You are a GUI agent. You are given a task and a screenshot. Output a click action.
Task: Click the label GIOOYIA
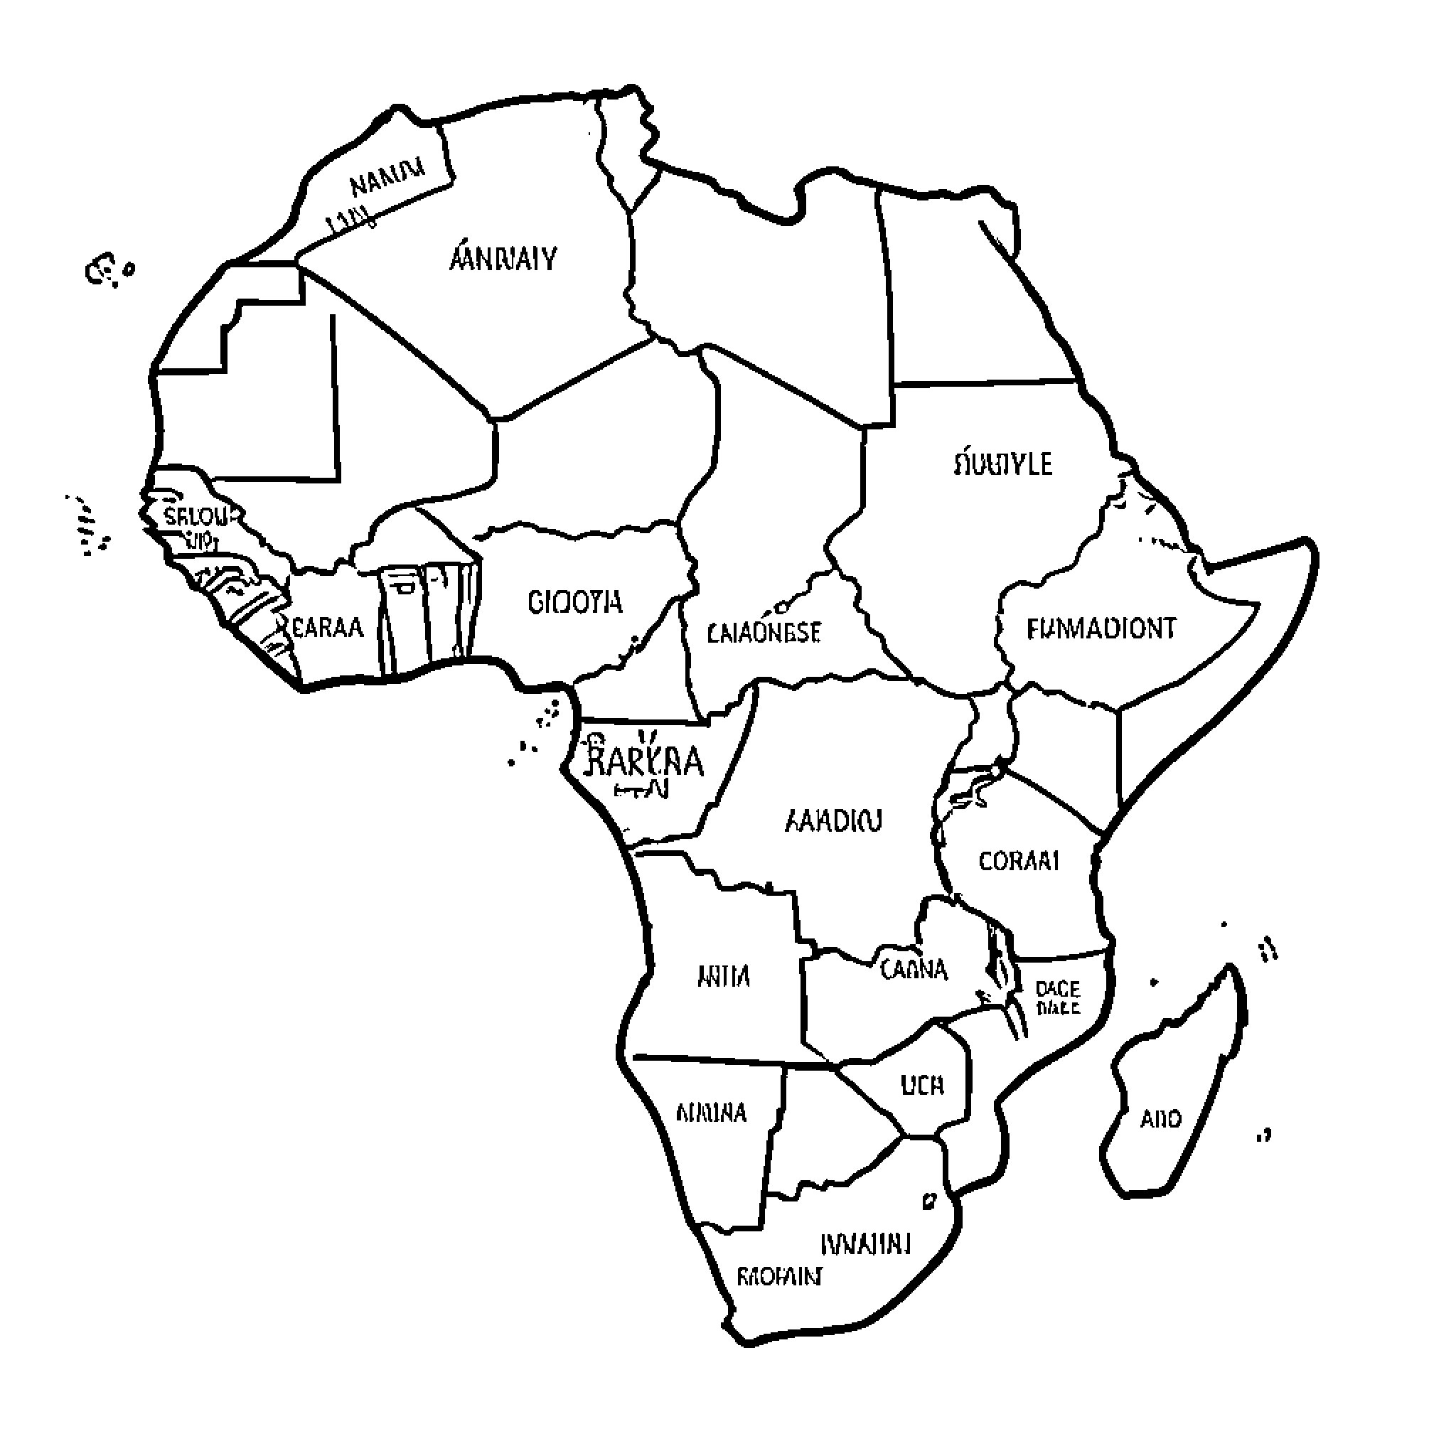(x=575, y=602)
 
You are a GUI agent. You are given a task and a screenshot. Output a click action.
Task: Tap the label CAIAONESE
(x=764, y=631)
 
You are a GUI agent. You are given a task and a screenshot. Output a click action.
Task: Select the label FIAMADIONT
(x=1101, y=628)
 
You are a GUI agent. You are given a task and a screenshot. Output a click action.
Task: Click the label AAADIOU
(x=833, y=820)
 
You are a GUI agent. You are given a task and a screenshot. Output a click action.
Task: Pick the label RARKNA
(x=644, y=762)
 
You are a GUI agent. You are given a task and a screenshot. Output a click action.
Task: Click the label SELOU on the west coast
(x=194, y=517)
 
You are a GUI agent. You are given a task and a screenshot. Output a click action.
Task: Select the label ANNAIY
(x=503, y=259)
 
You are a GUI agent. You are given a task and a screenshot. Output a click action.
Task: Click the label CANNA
(x=914, y=968)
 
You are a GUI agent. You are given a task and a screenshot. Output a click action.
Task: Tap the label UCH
(x=921, y=1085)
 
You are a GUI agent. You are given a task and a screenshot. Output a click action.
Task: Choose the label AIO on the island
(x=1160, y=1118)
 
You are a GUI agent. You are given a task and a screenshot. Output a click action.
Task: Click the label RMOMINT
(x=778, y=1276)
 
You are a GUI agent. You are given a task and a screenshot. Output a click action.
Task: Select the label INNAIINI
(x=865, y=1243)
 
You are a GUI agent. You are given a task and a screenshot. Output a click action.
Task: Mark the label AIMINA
(x=711, y=1113)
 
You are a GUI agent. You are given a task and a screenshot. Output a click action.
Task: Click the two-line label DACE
(x=1057, y=997)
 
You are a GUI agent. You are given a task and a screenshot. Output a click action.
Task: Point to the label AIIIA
(x=724, y=977)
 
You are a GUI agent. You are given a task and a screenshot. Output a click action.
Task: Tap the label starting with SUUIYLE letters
(x=1002, y=463)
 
